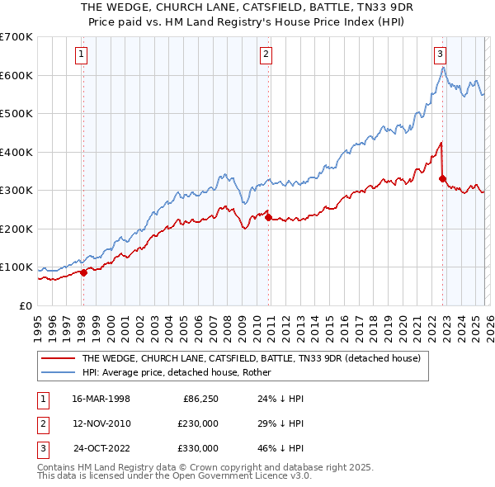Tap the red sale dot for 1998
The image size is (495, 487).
click(83, 273)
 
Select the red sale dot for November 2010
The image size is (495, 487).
click(268, 217)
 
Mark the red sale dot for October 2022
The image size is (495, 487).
click(442, 178)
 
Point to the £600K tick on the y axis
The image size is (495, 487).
click(16, 75)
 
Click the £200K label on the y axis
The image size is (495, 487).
click(16, 229)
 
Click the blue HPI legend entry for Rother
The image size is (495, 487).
click(181, 372)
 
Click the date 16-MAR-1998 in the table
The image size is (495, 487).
click(101, 399)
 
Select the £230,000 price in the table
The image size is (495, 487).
click(198, 423)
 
